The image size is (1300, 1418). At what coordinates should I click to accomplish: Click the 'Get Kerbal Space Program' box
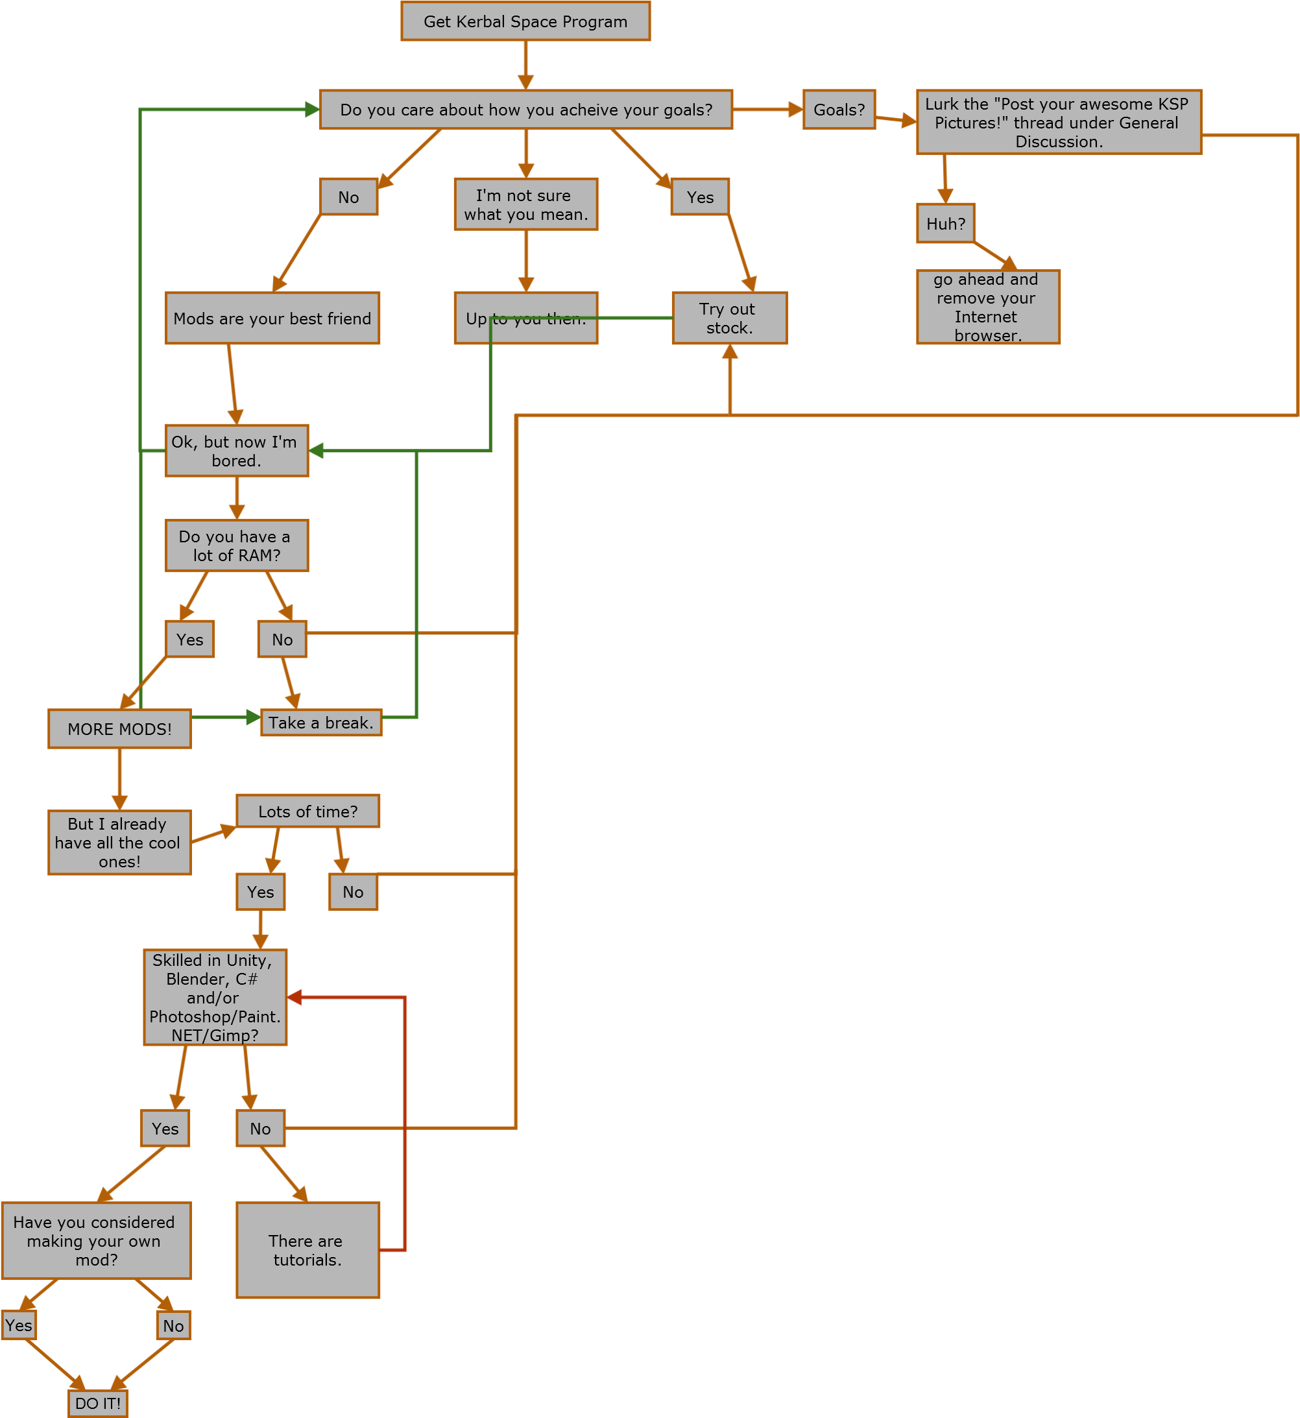coord(525,22)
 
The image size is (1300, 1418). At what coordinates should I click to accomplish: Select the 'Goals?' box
coord(839,110)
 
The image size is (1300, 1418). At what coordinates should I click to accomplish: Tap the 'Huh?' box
coord(945,224)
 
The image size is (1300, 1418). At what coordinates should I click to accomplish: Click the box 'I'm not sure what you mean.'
coord(525,205)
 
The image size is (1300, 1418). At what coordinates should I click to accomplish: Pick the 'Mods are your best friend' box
coord(272,318)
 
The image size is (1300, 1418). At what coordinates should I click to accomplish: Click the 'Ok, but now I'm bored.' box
coord(236,451)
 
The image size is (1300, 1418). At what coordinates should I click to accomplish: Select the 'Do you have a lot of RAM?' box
coord(236,546)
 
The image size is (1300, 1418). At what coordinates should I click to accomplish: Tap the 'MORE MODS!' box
coord(119,728)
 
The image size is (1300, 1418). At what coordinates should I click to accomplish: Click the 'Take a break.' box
coord(320,723)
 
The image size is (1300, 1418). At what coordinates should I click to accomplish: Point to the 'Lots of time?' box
coord(307,811)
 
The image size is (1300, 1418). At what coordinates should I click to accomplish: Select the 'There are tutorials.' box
coord(307,1250)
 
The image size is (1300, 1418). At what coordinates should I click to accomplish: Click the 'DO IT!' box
coord(98,1403)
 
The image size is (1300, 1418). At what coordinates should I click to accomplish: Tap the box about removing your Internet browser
coord(988,307)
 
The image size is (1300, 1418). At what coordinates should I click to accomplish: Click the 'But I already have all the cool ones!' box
coord(119,843)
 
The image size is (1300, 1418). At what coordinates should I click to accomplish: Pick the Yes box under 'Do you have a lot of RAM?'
coord(190,640)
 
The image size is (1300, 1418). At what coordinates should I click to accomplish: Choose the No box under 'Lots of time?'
coord(353,892)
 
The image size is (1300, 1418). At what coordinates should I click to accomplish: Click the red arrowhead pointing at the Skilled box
coord(295,996)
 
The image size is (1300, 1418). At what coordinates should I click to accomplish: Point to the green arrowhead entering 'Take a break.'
coord(253,717)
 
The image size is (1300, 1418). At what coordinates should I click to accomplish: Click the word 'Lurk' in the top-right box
coord(941,104)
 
